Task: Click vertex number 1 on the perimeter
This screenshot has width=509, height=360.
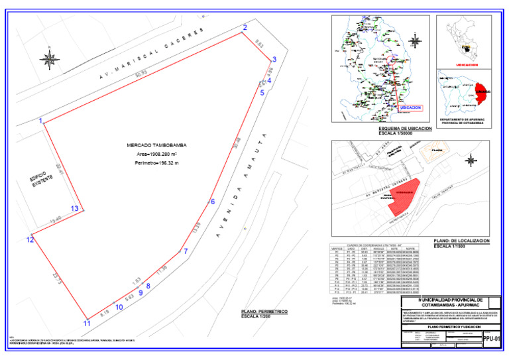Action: pyautogui.click(x=41, y=121)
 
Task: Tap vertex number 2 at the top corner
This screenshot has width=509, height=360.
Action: pyautogui.click(x=245, y=27)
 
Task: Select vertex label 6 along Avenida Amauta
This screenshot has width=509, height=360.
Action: pyautogui.click(x=213, y=202)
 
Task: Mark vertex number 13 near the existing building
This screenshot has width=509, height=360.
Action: pyautogui.click(x=75, y=209)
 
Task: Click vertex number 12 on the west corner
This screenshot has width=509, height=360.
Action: pyautogui.click(x=30, y=239)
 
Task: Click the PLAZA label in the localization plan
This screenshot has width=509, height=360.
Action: pyautogui.click(x=436, y=150)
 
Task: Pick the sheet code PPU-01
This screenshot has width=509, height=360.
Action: pyautogui.click(x=490, y=337)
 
